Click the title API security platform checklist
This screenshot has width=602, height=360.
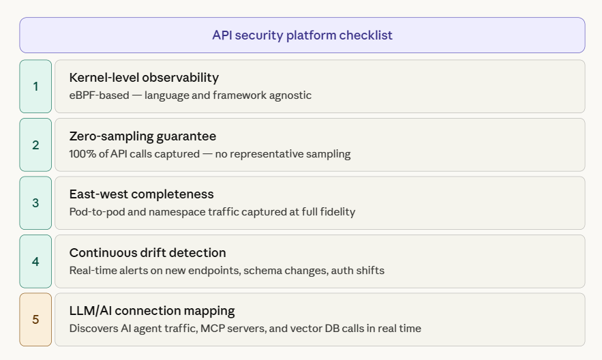[x=302, y=35]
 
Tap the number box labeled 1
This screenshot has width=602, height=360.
[x=35, y=87]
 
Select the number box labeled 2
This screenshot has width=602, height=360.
[x=35, y=145]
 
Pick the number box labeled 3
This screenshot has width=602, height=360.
[x=35, y=203]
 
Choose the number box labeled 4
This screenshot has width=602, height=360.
[x=35, y=261]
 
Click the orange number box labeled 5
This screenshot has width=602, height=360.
[x=35, y=320]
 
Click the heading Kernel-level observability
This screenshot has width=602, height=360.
[x=144, y=78]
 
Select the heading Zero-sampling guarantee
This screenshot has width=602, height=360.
[x=142, y=136]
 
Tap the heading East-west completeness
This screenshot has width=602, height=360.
[x=141, y=194]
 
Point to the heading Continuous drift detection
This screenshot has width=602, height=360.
[x=147, y=253]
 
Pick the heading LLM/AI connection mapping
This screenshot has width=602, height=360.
[x=152, y=311]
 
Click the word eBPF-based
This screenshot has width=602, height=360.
[x=98, y=95]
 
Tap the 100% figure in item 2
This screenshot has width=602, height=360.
[x=81, y=154]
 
